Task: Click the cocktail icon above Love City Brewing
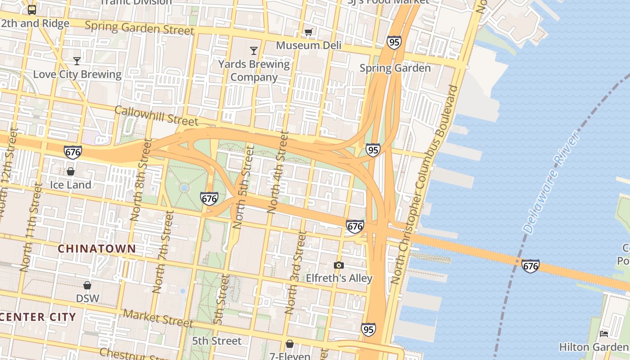click(x=77, y=61)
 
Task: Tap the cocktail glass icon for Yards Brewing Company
click(x=254, y=50)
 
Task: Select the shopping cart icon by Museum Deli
click(x=308, y=32)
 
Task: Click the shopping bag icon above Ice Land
click(x=71, y=171)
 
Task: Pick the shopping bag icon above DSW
click(x=87, y=285)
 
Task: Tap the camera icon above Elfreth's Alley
click(x=339, y=265)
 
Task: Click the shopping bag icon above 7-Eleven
click(x=290, y=344)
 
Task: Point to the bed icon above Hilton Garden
click(x=604, y=333)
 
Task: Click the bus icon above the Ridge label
click(x=32, y=9)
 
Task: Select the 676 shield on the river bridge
click(x=531, y=266)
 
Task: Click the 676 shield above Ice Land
click(x=73, y=152)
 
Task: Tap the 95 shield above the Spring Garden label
click(x=394, y=42)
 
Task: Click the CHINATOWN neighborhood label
click(x=97, y=248)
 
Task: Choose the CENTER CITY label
click(x=38, y=317)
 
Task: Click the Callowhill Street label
click(x=156, y=116)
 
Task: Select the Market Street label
click(x=158, y=318)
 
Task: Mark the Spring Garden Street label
click(x=139, y=28)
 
